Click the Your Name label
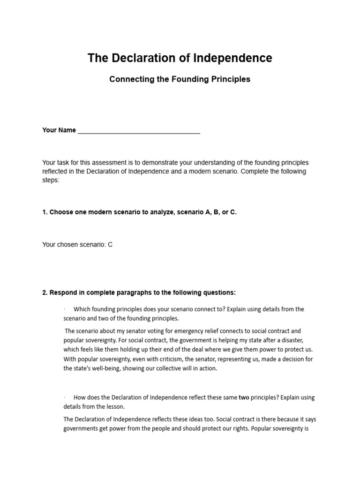point(59,130)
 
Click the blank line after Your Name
point(139,131)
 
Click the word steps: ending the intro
point(51,180)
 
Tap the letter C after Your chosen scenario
point(110,244)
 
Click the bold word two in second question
point(244,397)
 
